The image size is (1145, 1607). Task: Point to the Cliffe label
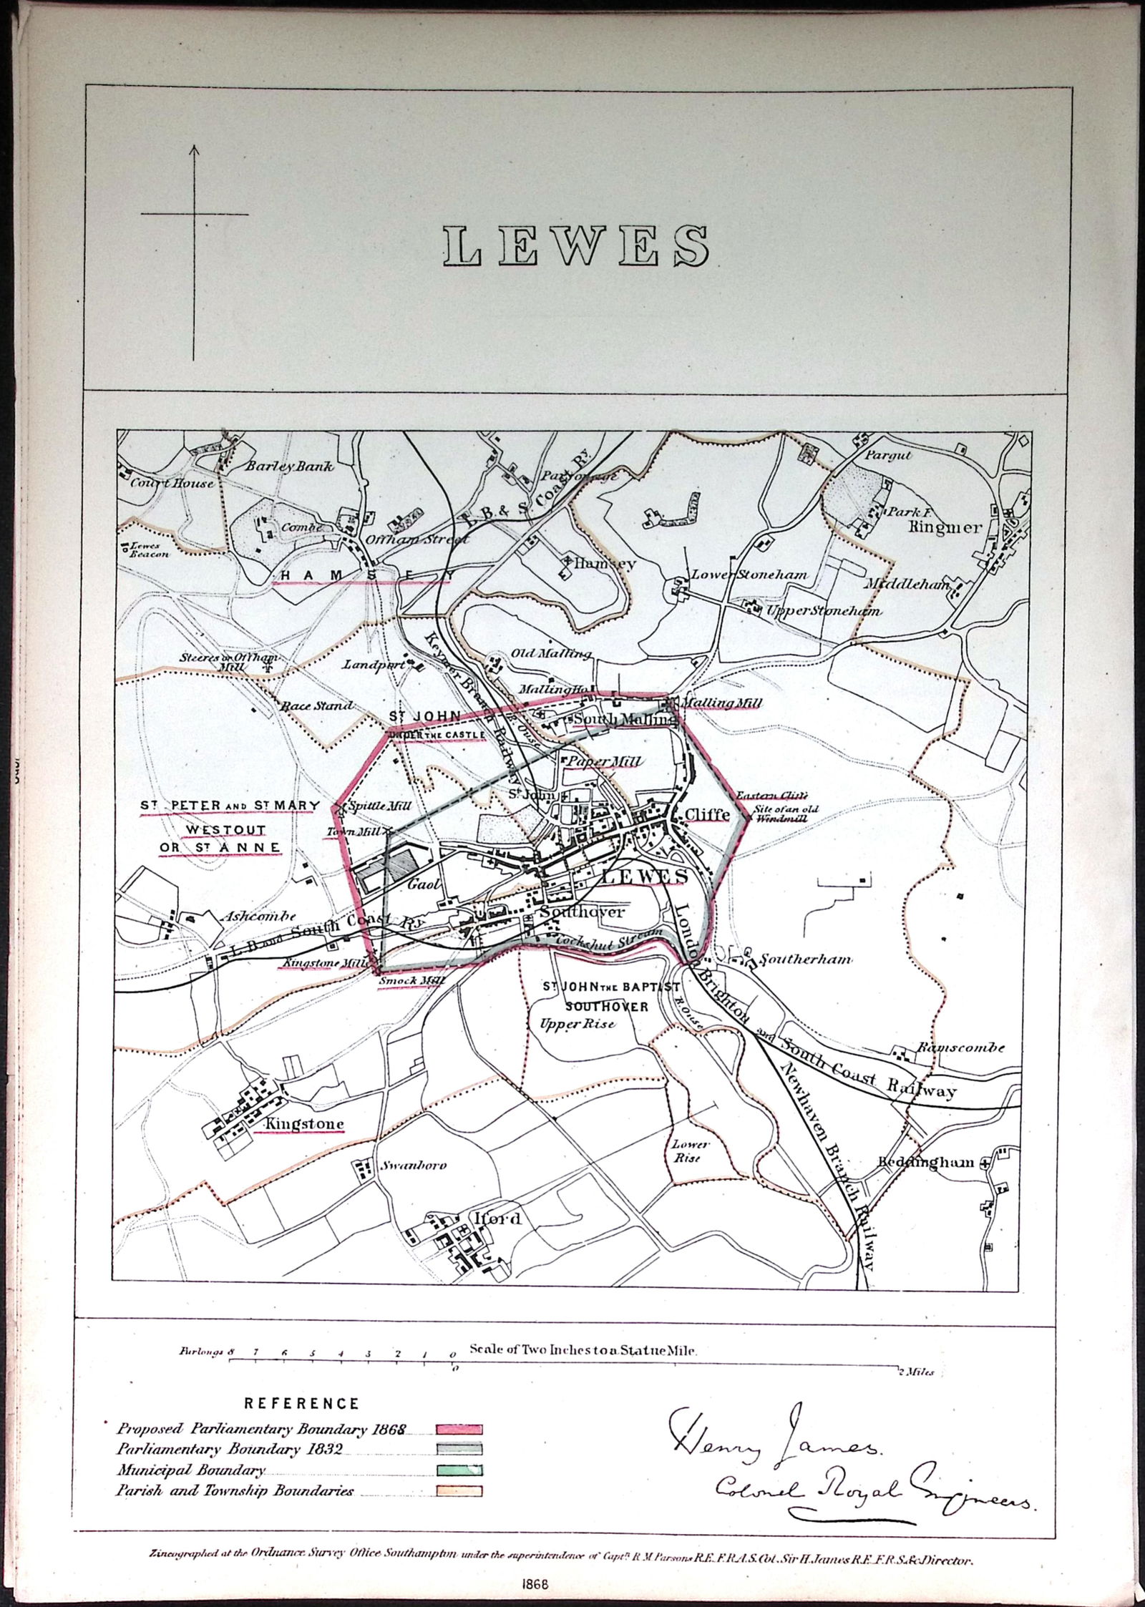pos(707,814)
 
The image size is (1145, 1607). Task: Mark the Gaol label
pos(422,884)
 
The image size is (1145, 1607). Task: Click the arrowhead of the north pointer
pos(194,150)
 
